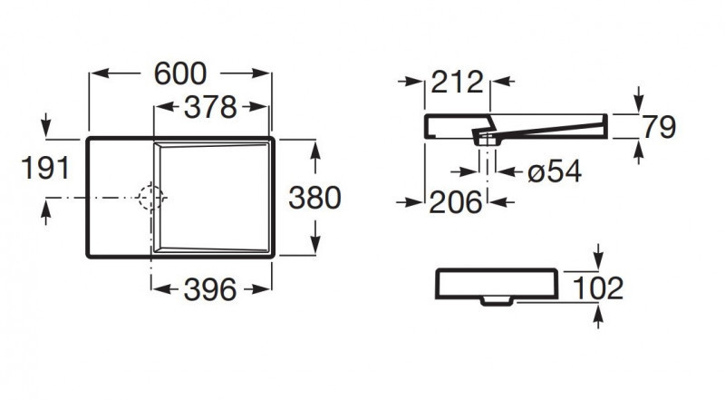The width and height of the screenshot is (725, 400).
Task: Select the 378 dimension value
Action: click(212, 107)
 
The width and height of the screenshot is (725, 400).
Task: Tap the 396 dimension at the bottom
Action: click(212, 289)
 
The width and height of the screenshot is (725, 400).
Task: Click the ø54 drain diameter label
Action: click(553, 171)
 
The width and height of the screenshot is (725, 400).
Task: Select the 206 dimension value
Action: click(455, 202)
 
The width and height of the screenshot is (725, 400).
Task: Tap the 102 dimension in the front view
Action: click(598, 288)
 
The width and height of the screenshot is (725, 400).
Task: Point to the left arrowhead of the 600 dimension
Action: click(94, 73)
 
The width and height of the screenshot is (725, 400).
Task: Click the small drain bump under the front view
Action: click(496, 300)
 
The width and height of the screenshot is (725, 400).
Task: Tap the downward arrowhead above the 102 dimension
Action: click(598, 260)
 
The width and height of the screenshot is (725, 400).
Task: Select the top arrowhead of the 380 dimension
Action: click(314, 147)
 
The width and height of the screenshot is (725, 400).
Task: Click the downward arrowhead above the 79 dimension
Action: click(640, 105)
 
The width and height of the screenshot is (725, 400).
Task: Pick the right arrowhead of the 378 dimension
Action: click(265, 107)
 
